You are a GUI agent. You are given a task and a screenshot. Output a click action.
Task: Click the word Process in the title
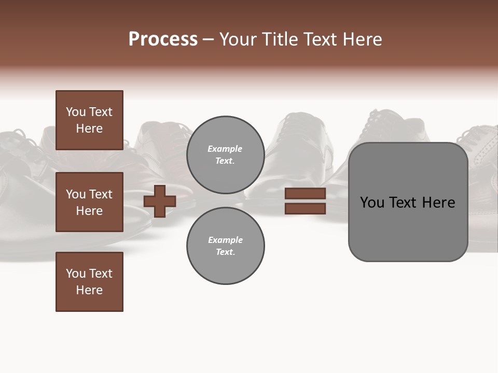point(163,39)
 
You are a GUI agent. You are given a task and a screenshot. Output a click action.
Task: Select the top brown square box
point(89,120)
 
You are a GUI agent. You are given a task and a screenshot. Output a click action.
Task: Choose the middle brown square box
point(89,202)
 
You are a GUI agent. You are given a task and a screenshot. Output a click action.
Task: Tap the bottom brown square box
point(89,282)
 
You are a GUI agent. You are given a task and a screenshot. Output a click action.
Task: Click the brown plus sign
point(160,201)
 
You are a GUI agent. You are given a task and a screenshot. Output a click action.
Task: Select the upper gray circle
point(226,155)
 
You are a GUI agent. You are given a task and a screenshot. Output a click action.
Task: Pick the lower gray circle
point(226,246)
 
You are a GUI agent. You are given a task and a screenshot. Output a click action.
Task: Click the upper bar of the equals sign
point(305,194)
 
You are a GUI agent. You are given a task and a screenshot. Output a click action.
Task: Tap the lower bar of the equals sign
point(305,209)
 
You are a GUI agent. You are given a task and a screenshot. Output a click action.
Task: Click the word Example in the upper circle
point(225,149)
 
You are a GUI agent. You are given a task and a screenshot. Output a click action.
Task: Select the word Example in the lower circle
point(225,240)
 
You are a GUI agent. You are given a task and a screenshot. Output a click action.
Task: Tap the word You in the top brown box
point(76,112)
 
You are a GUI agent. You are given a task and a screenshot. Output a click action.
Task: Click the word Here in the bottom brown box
point(89,290)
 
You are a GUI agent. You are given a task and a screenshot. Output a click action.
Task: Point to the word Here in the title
point(363,39)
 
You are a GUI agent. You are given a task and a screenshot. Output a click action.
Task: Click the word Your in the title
point(239,39)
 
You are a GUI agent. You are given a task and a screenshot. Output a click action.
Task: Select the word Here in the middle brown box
point(89,211)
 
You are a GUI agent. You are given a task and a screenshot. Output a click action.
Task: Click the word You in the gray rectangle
point(372,203)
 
